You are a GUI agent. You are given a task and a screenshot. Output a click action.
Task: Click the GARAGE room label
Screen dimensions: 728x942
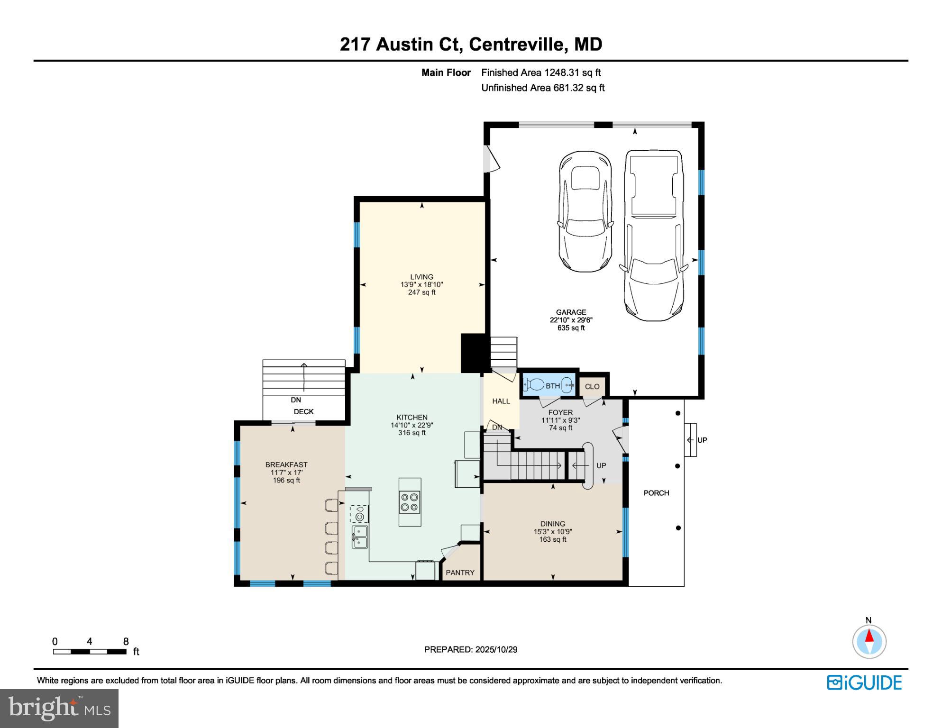coord(571,312)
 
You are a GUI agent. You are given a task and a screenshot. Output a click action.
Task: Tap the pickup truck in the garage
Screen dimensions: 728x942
coord(654,235)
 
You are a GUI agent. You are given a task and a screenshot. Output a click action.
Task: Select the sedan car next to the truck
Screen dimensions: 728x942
coord(585,211)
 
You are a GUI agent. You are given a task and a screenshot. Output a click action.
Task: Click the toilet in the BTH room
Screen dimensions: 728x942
coord(535,385)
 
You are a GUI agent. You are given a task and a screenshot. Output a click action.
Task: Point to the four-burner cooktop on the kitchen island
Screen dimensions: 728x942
coord(410,502)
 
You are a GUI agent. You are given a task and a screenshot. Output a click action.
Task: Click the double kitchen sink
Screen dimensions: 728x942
coord(359,537)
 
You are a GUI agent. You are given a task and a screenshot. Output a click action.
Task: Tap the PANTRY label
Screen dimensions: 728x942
coord(460,573)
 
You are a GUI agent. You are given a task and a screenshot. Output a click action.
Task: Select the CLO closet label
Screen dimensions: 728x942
coord(592,387)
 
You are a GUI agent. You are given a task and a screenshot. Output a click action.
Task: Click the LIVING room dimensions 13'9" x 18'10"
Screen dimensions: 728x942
coord(421,285)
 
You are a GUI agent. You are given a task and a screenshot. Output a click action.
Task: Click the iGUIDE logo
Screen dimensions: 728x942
coord(864,683)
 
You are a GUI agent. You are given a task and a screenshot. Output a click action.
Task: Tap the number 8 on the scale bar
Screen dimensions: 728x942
coord(126,642)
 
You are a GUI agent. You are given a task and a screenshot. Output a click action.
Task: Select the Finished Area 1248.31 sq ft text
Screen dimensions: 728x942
coord(541,73)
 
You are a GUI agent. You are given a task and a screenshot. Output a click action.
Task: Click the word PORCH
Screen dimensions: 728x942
coord(656,493)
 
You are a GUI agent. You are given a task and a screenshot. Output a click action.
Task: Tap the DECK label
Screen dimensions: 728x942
coord(303,411)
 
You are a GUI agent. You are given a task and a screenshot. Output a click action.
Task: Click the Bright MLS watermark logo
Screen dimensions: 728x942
coord(59,708)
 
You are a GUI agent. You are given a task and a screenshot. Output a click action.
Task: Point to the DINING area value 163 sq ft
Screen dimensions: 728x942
coord(553,539)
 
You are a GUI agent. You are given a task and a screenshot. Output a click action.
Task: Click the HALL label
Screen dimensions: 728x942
coord(501,401)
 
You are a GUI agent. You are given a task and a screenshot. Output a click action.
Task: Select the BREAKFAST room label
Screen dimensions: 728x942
coord(286,465)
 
